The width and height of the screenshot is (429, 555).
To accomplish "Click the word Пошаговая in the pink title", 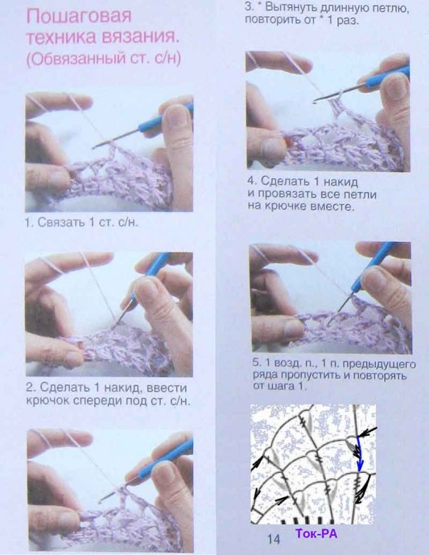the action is coord(79,17).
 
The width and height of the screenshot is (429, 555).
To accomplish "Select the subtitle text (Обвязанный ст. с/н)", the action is coord(104,59).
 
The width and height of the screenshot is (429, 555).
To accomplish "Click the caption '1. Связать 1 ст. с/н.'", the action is coord(81,222).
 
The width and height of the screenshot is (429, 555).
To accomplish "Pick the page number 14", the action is coord(274,539).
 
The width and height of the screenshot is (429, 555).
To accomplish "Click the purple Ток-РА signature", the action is coord(316,533).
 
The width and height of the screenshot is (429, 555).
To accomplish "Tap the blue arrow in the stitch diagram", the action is coord(359,454).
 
